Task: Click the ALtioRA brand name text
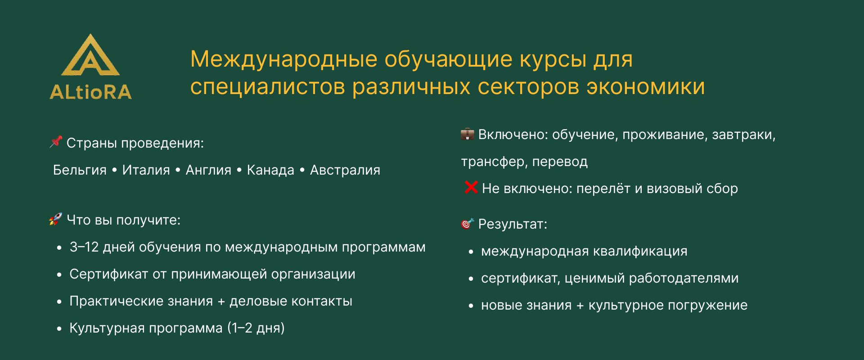pyautogui.click(x=90, y=92)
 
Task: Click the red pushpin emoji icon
pyautogui.click(x=56, y=142)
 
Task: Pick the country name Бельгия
pyautogui.click(x=80, y=170)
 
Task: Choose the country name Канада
pyautogui.click(x=270, y=170)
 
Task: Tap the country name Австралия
pyautogui.click(x=345, y=170)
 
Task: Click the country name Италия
pyautogui.click(x=146, y=170)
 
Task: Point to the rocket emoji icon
pyautogui.click(x=55, y=219)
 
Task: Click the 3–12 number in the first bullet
pyautogui.click(x=84, y=247)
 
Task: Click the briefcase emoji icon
pyautogui.click(x=467, y=134)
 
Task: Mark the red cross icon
pyautogui.click(x=471, y=187)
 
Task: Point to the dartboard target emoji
pyautogui.click(x=467, y=224)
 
